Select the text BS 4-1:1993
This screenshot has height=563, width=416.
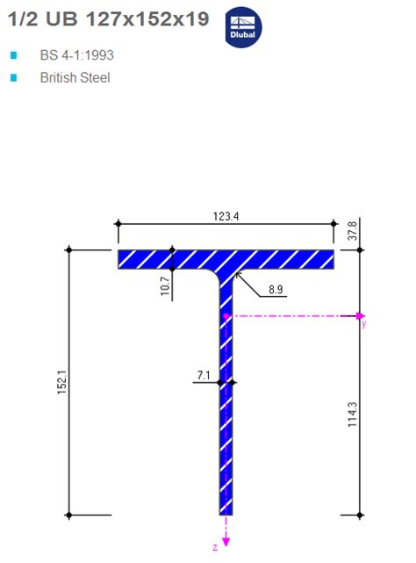point(76,55)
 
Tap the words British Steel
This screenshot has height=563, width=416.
point(75,77)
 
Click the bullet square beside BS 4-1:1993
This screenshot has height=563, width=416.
point(13,55)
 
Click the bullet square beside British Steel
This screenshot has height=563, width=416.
point(13,77)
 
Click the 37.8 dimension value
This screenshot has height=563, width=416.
point(354,231)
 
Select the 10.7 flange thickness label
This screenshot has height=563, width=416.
point(164,286)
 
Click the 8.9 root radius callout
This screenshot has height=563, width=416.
point(275,288)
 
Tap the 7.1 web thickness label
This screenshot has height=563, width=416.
point(204,376)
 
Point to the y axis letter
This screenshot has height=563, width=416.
point(363,323)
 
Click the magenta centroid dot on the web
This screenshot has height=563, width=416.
point(226,314)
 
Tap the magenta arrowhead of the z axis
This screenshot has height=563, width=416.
point(226,541)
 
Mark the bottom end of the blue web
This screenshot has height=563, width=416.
point(226,511)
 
